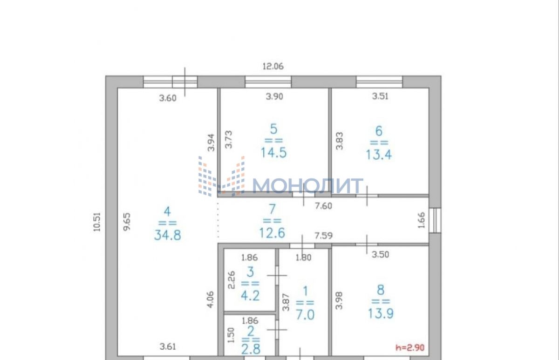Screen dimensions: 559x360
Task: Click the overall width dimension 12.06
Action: (x=273, y=66)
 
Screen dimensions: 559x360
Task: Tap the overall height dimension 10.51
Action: (x=97, y=222)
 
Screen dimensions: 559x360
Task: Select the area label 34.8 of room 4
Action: (x=168, y=235)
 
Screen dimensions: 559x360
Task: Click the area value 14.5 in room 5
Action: (x=274, y=153)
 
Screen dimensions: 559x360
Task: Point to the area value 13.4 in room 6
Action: (x=379, y=155)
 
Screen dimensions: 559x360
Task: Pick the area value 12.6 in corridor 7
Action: (x=272, y=233)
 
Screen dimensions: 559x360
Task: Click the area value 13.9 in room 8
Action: (x=381, y=313)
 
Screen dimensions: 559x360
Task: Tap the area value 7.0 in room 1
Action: (x=305, y=315)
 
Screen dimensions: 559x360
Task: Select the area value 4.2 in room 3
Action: (x=250, y=296)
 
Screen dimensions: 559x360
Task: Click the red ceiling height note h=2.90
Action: (x=410, y=347)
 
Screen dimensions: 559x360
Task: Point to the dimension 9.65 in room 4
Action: (x=127, y=222)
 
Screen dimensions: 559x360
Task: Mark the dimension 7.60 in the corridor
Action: (x=323, y=206)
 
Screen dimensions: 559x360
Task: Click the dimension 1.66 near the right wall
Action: (x=421, y=220)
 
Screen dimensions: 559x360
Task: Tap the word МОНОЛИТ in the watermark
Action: (x=308, y=186)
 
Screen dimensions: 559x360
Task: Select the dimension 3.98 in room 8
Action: (x=339, y=301)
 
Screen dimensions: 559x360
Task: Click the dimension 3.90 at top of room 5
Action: (x=274, y=96)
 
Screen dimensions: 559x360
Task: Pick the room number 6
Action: (x=379, y=131)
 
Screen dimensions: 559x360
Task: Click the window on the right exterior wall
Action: (x=435, y=220)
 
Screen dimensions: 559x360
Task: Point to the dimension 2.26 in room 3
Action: (x=232, y=280)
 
